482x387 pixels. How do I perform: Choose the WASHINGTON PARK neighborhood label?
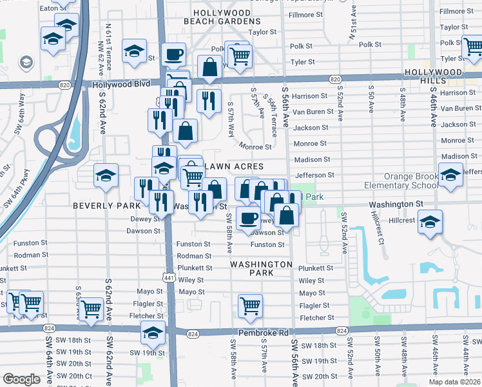coord(261,269)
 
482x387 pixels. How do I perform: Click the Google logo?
coord(22,379)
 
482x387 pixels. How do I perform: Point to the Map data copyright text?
coord(454,382)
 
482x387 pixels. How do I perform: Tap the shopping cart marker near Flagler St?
coord(250,305)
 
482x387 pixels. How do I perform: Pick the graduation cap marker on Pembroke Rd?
coord(153,333)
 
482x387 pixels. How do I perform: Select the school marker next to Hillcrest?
coord(429,221)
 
